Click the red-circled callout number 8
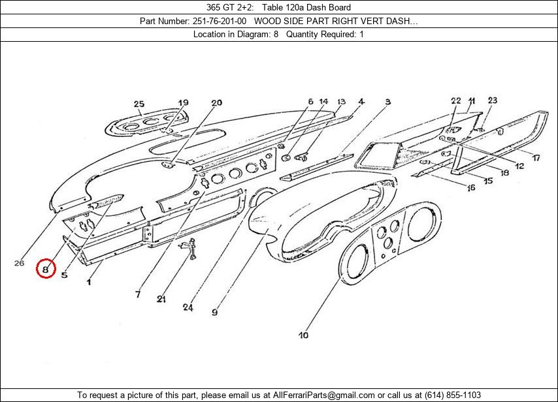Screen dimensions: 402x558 coord(45,268)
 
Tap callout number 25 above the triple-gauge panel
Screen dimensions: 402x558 coord(139,104)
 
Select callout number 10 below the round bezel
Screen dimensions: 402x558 coord(303,335)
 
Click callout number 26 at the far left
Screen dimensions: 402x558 coord(19,263)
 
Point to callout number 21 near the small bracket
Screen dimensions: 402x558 coord(161,299)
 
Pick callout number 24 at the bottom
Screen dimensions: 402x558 coord(188,307)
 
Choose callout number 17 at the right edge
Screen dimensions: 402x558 coord(535,158)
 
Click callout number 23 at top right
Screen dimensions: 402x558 coord(492,100)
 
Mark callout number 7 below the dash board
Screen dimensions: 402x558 coord(138,294)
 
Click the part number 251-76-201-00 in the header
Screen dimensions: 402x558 coord(220,21)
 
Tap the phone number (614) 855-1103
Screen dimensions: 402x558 coord(452,395)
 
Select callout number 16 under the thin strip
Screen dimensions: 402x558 coord(470,188)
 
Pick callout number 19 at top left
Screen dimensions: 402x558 coord(183,103)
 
